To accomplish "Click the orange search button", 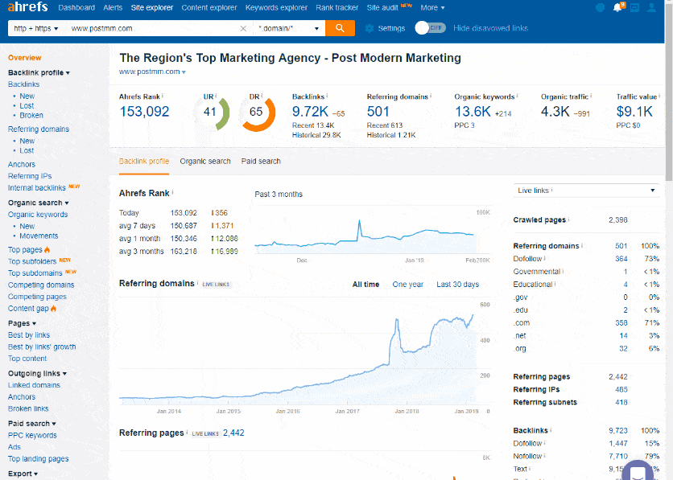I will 339,28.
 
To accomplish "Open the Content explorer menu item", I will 209,8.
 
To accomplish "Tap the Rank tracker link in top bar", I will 336,8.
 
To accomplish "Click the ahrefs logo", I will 27,8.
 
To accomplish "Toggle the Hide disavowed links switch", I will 431,28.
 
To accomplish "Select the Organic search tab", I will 205,162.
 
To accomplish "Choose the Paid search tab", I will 261,162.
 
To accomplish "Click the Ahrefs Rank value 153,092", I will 144,112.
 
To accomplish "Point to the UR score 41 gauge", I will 211,113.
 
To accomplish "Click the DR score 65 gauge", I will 256,113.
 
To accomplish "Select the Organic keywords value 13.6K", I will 473,112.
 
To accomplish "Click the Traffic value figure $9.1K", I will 634,112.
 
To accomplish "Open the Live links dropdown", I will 586,191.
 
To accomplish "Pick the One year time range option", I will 407,285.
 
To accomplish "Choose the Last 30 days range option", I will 457,285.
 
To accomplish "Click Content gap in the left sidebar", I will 28,309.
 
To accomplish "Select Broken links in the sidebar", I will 28,408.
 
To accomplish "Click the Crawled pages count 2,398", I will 618,220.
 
